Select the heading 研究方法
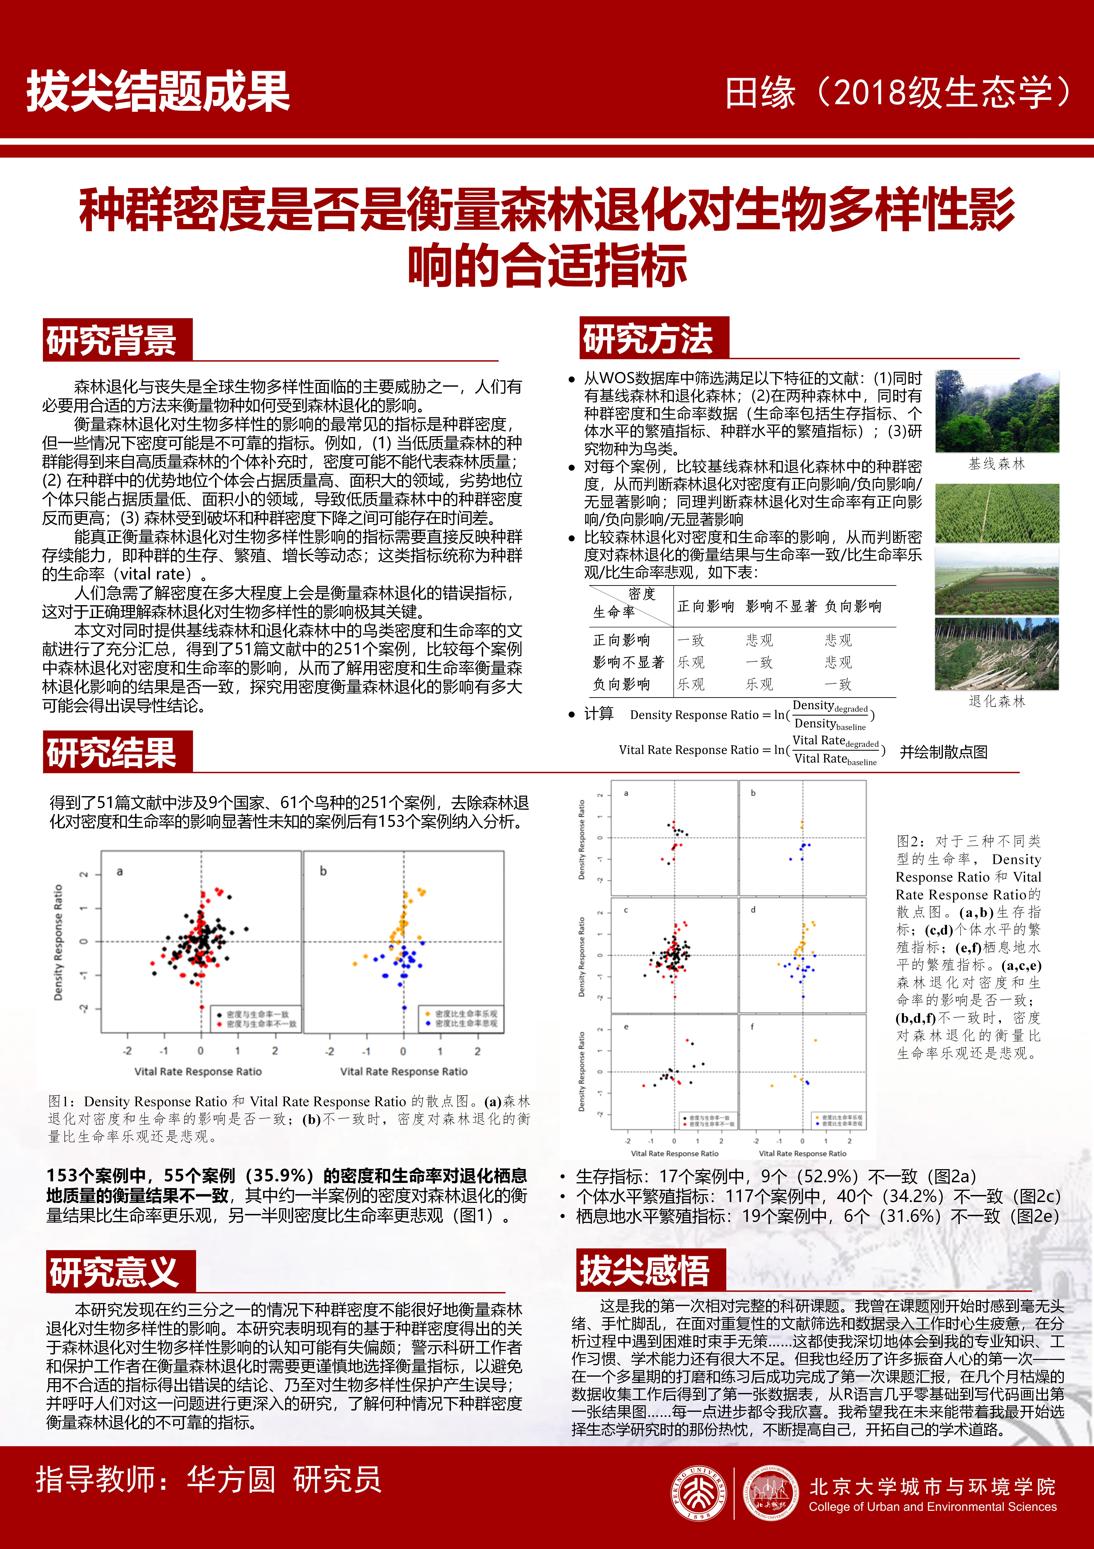pyautogui.click(x=648, y=338)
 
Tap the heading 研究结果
pyautogui.click(x=111, y=752)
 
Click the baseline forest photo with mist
pyautogui.click(x=997, y=411)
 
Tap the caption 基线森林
pyautogui.click(x=997, y=464)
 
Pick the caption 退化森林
pyautogui.click(x=997, y=702)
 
